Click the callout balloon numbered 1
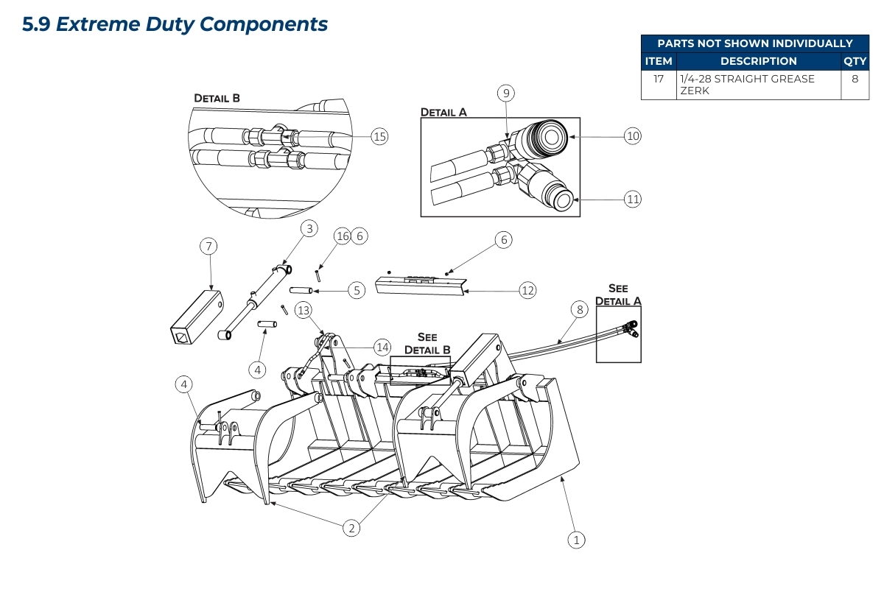click(577, 540)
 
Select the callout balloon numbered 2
click(352, 527)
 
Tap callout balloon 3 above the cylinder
click(309, 229)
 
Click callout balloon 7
click(209, 246)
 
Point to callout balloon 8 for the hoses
click(580, 310)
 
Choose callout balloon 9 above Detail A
click(505, 93)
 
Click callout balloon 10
click(633, 135)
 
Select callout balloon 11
click(633, 199)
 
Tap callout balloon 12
click(527, 290)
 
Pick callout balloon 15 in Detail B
click(379, 136)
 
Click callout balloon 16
click(342, 236)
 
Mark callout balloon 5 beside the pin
click(357, 290)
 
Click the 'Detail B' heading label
click(217, 98)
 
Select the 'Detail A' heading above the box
click(443, 112)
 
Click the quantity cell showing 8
click(855, 79)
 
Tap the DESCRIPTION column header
click(758, 61)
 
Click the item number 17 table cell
click(659, 79)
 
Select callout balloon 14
click(382, 347)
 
